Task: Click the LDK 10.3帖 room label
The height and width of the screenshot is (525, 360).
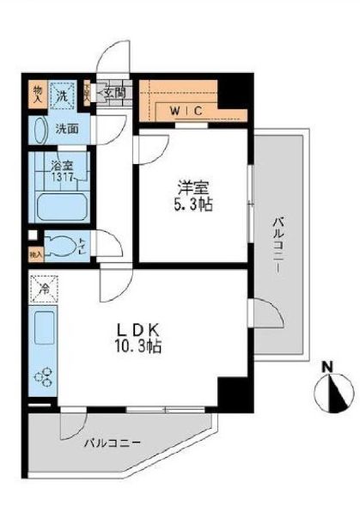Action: [x=141, y=338]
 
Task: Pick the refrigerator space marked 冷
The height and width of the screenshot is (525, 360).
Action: [x=41, y=288]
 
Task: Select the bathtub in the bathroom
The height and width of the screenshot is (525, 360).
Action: [x=58, y=207]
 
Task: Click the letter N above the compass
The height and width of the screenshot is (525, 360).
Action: [x=328, y=368]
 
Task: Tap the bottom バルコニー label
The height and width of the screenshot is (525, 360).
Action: [x=113, y=443]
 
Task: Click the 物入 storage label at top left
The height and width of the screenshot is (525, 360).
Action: [x=37, y=93]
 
